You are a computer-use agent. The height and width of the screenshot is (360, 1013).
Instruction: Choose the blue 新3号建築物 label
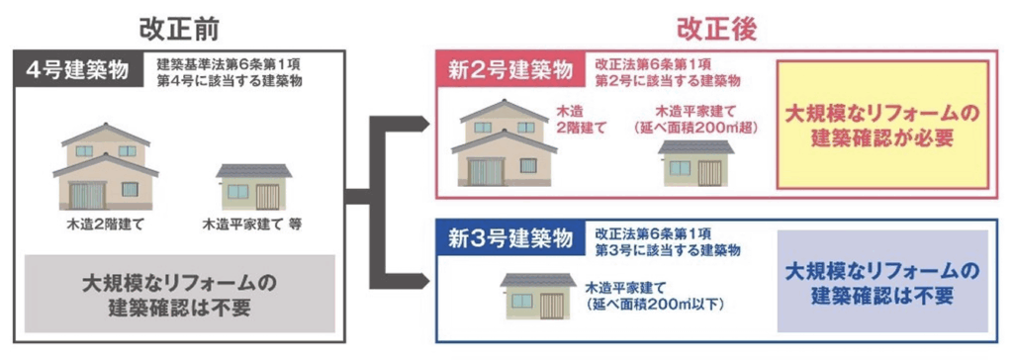(509, 240)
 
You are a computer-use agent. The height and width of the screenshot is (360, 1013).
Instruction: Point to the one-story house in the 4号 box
(253, 186)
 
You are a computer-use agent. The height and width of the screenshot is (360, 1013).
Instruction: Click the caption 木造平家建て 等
(252, 225)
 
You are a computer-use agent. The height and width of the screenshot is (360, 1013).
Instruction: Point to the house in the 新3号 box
(538, 294)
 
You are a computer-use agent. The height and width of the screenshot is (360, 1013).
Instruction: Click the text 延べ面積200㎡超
(691, 129)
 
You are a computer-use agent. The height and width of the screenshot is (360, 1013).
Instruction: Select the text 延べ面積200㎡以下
(656, 303)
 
